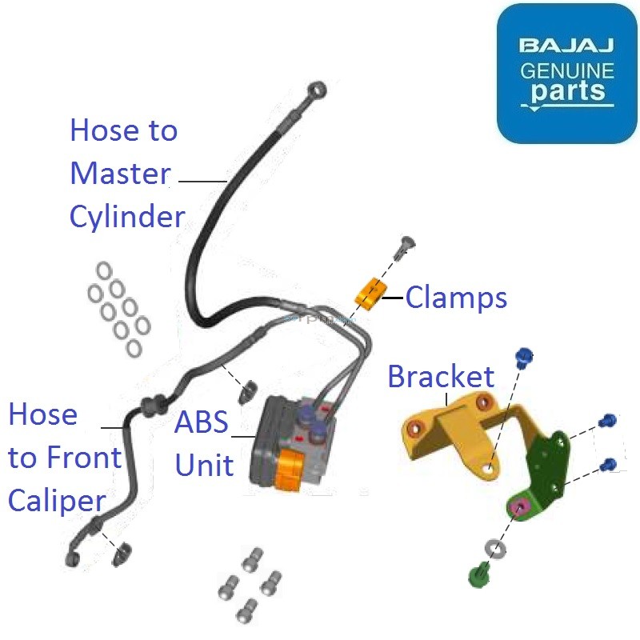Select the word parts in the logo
point(567,92)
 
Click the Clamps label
point(456,298)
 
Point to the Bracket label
point(441,376)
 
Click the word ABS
point(202,422)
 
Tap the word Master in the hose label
point(120,174)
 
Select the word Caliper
point(57,501)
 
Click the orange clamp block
point(370,294)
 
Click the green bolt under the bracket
point(478,574)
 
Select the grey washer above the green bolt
point(494,550)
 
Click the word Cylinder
point(127,217)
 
